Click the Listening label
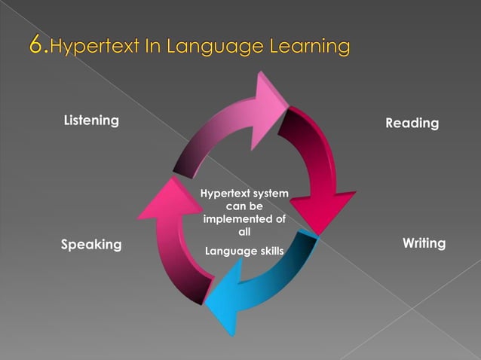91,121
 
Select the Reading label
412,123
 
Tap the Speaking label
90,245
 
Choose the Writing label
424,243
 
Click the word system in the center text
269,194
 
